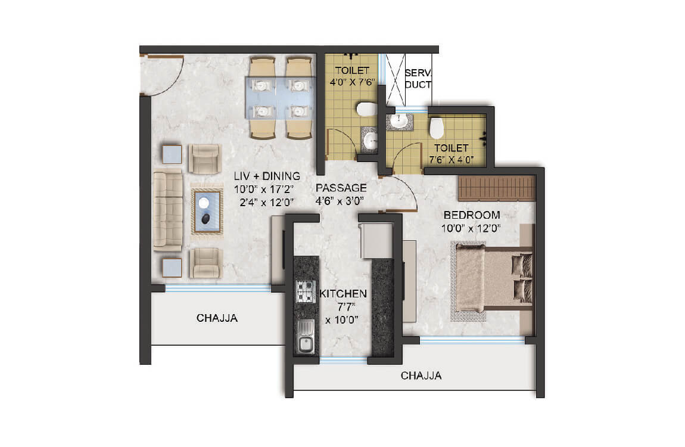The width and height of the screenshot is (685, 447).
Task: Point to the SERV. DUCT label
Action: click(418, 78)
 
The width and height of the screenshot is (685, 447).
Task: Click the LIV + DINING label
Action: click(266, 176)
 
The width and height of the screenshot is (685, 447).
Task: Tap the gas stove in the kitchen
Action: click(306, 291)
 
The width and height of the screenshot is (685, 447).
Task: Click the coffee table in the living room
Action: click(205, 212)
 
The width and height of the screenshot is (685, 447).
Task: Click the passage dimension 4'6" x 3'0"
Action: click(340, 200)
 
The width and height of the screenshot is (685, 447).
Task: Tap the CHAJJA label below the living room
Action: click(217, 318)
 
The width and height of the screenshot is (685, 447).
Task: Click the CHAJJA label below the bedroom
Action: click(421, 376)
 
